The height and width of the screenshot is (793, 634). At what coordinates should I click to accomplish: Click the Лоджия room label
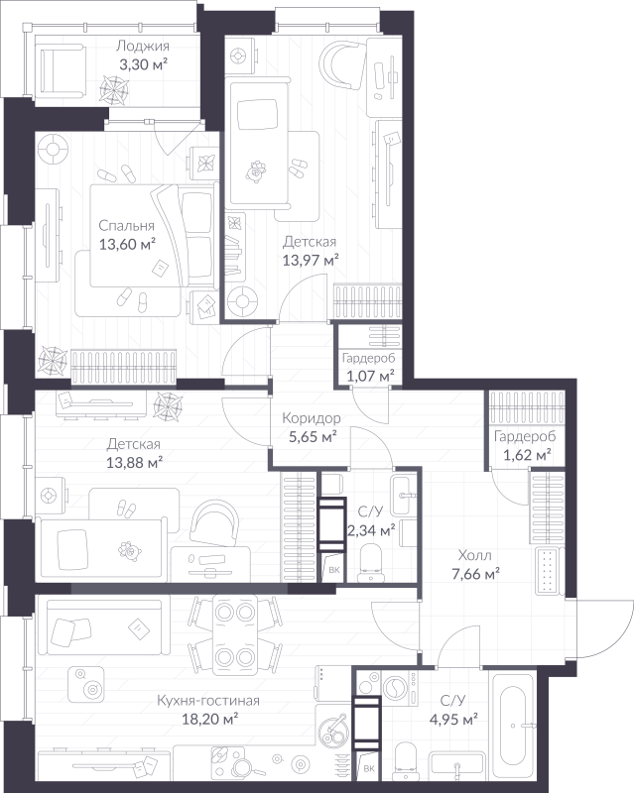click(x=142, y=47)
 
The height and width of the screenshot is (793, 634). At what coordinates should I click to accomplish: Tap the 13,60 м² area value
click(x=127, y=245)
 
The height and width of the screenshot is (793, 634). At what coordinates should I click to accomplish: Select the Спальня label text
click(x=126, y=226)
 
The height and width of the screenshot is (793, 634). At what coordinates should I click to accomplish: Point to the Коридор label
click(x=311, y=418)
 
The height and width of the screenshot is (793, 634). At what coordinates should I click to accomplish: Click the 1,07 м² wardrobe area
click(x=370, y=377)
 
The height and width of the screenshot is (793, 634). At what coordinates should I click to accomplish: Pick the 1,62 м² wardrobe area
click(x=527, y=455)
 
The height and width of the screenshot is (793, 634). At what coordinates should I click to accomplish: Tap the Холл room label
click(x=474, y=555)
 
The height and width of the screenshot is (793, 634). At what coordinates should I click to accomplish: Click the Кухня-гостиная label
click(x=208, y=701)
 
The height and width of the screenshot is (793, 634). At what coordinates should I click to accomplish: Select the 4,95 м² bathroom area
click(x=453, y=720)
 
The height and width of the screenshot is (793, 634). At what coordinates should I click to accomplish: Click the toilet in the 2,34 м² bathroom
click(x=371, y=563)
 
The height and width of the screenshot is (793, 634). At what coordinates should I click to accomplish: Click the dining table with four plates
click(x=234, y=634)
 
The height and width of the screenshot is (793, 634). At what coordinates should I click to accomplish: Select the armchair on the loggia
click(x=61, y=69)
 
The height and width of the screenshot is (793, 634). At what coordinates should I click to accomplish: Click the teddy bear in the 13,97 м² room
click(x=256, y=170)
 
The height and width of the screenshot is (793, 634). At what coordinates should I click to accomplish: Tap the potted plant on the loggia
click(x=114, y=90)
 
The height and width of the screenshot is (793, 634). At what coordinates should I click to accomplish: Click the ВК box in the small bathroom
click(x=333, y=569)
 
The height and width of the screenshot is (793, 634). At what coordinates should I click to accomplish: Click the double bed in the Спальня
click(x=152, y=236)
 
